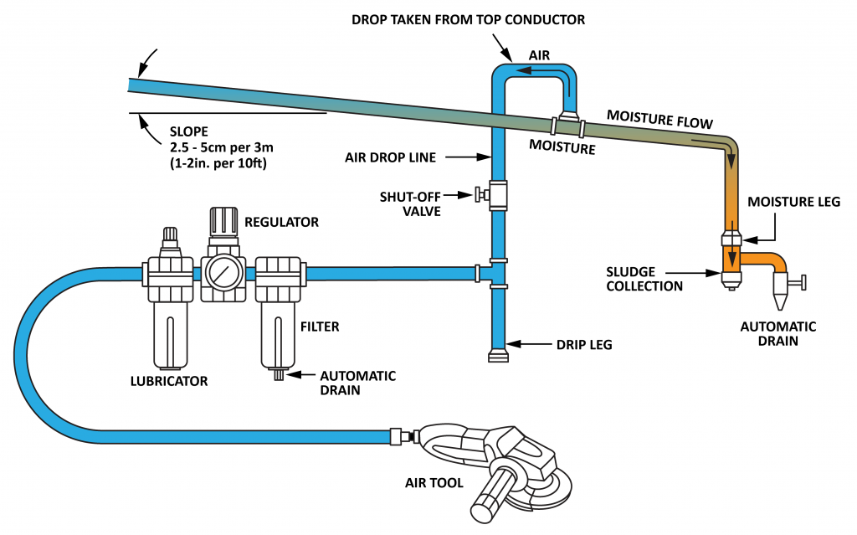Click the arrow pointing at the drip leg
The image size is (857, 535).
point(524,343)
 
